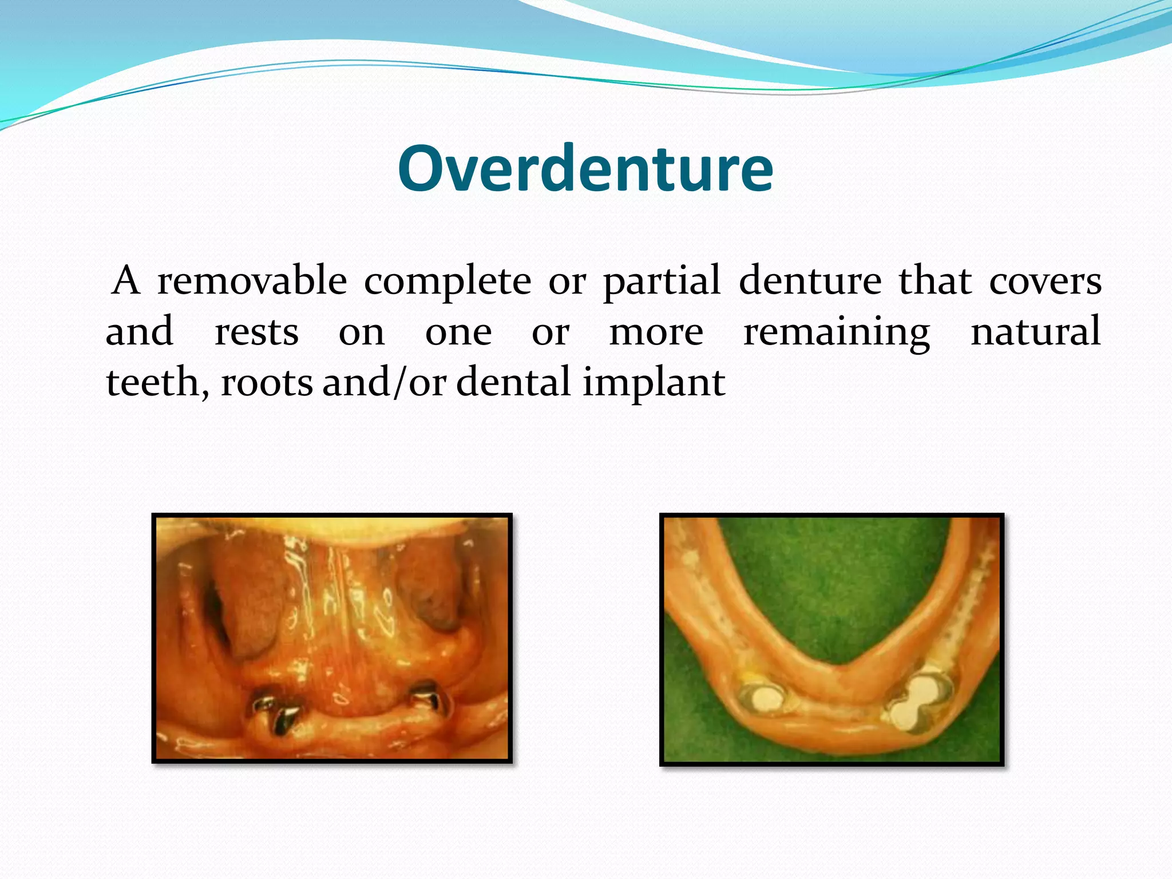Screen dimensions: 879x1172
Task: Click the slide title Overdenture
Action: coord(585,169)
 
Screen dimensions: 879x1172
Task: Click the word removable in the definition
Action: coord(252,281)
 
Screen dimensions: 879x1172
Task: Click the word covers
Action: coord(1045,282)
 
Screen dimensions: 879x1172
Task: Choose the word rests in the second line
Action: coord(256,332)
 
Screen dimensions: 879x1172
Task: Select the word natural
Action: coord(1036,331)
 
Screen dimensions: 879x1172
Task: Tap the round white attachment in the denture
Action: coord(760,698)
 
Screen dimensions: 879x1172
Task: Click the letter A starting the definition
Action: coord(126,281)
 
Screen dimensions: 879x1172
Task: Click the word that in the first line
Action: coord(935,281)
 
